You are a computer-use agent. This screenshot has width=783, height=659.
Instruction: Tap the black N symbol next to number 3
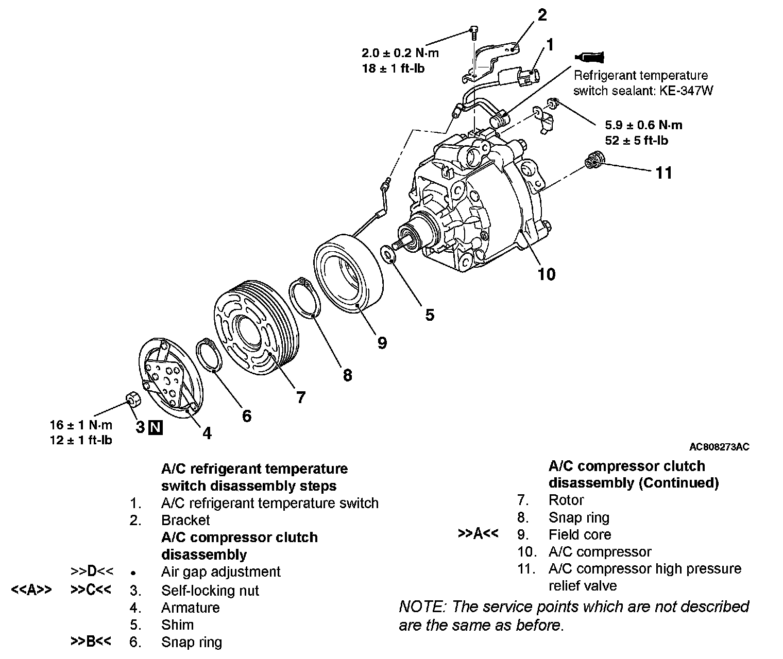tap(155, 427)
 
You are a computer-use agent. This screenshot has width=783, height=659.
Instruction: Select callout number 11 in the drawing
tap(664, 172)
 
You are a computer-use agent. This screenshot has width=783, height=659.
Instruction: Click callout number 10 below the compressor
tap(547, 274)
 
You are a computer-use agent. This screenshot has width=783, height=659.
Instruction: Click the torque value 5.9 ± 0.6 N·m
tap(644, 125)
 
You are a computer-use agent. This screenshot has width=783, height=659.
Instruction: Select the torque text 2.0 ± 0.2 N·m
tap(400, 53)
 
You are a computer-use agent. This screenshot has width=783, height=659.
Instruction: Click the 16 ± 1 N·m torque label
tap(81, 425)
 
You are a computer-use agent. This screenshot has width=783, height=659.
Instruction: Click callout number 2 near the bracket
tap(542, 15)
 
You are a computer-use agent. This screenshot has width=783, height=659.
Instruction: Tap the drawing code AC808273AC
tap(719, 446)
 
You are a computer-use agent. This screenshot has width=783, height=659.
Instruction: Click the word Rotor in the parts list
tap(566, 500)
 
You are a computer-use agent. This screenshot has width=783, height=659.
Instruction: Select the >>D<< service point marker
tap(92, 571)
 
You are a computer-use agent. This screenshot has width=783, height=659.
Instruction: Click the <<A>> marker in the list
tap(31, 590)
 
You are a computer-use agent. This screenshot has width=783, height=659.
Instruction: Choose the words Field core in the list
tap(580, 534)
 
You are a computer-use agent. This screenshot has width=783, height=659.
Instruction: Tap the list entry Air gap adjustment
tap(220, 571)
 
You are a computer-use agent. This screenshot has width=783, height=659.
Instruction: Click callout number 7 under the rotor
tap(300, 397)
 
